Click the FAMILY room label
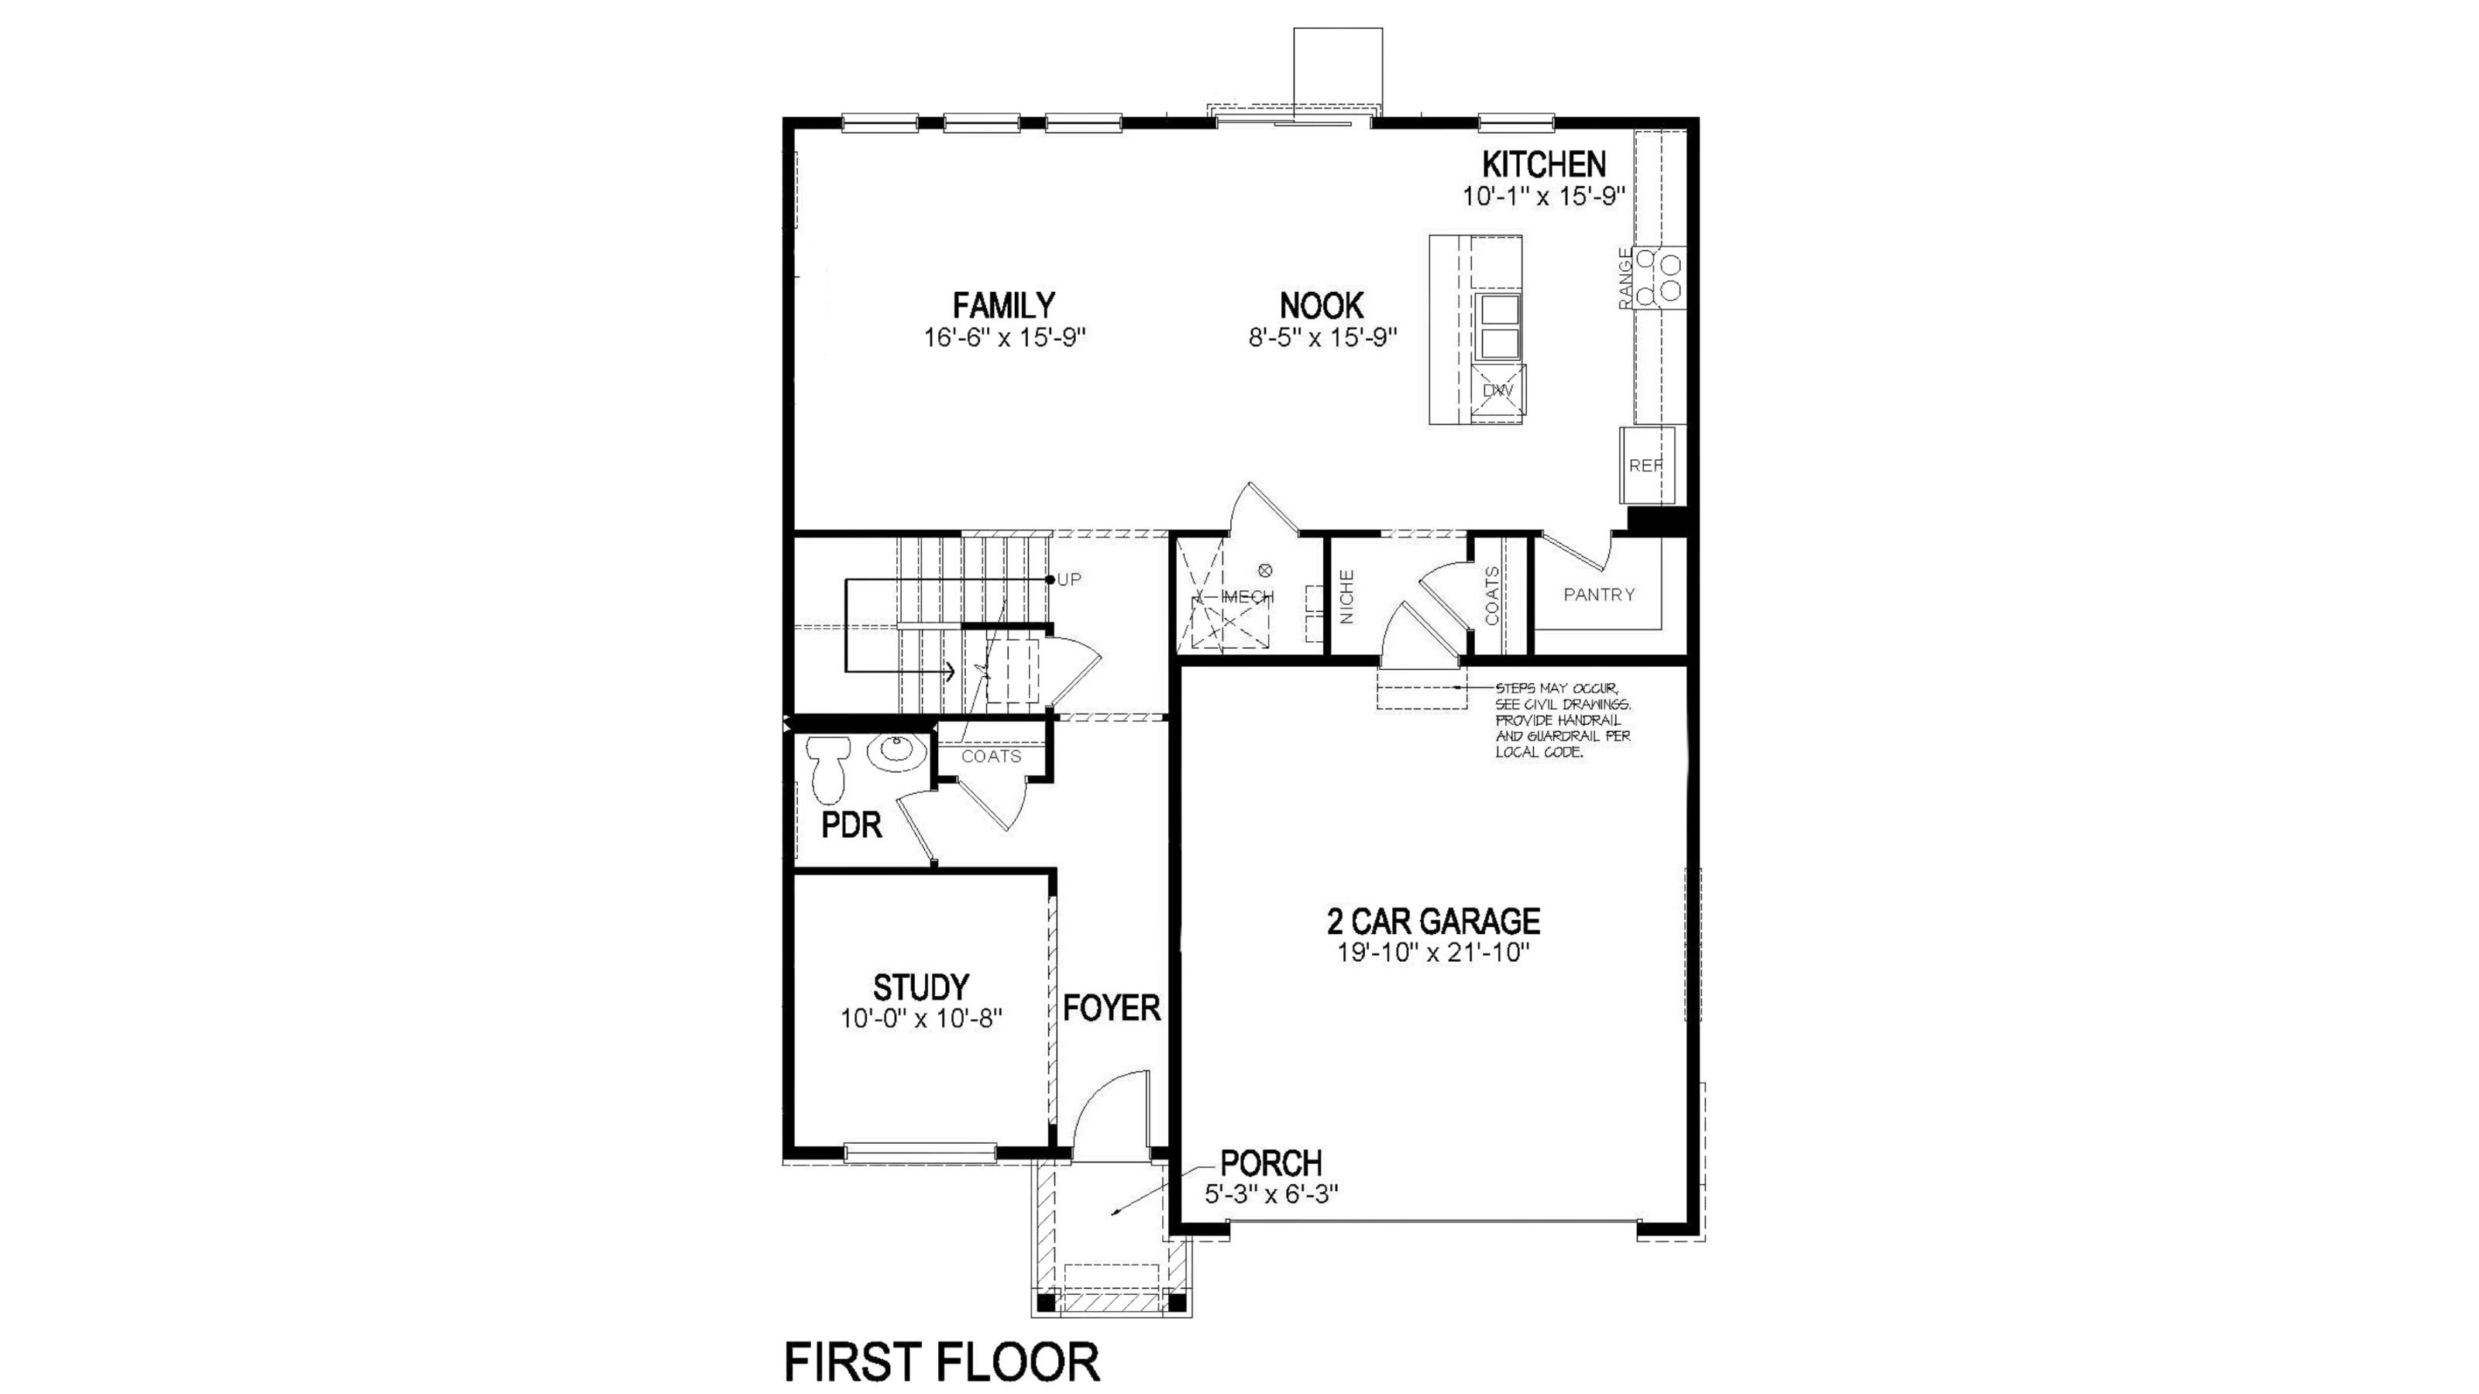(x=1004, y=306)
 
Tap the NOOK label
(x=1322, y=306)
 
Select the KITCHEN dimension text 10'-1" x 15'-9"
(x=1544, y=196)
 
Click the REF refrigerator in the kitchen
(x=1646, y=465)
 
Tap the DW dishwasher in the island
(x=1498, y=390)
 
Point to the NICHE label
(x=1347, y=596)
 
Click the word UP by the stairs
(x=1069, y=579)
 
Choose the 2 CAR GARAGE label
(x=1433, y=921)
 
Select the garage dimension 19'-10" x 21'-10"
(x=1433, y=953)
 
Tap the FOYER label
(x=1112, y=1008)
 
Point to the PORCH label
(x=1271, y=1163)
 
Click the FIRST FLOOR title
(x=942, y=1362)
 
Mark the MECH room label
(x=1247, y=596)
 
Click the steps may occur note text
(x=1563, y=720)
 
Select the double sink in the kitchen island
(x=1498, y=327)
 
